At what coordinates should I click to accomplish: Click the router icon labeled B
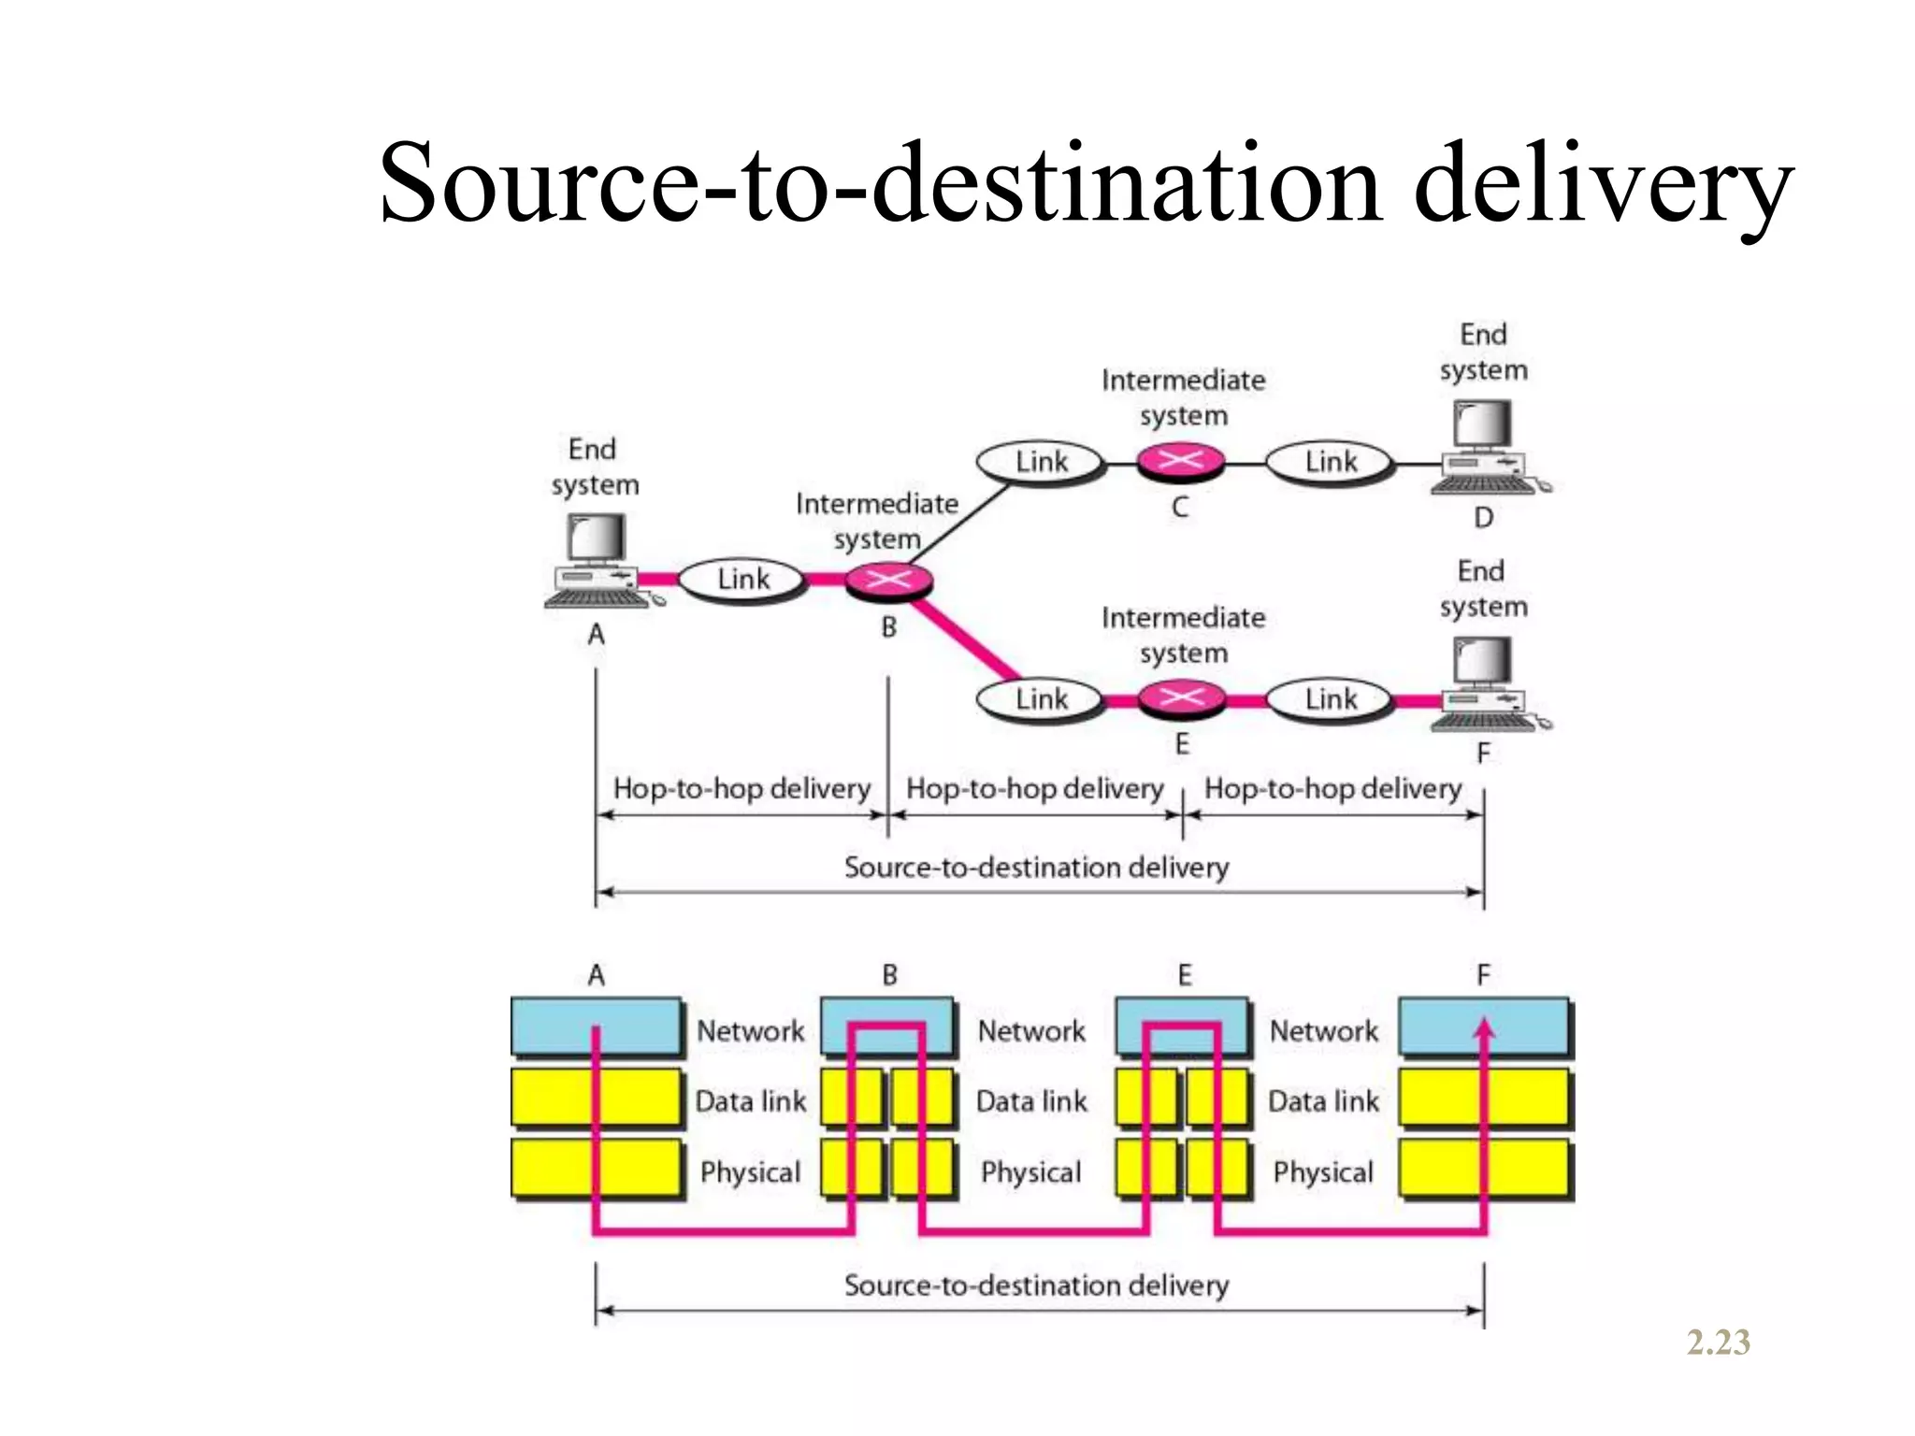pos(888,581)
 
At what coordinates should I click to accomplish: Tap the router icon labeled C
pos(1181,461)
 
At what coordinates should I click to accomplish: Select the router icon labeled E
pos(1181,698)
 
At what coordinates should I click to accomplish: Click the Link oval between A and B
pos(742,580)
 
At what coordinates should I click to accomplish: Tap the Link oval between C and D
pos(1330,462)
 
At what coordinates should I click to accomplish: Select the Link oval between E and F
pos(1330,699)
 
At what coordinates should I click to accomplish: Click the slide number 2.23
pos(1718,1343)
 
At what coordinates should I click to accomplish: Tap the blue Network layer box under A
pos(596,1027)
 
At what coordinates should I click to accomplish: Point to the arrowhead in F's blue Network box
pos(1484,1028)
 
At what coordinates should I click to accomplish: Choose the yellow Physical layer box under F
pos(1484,1169)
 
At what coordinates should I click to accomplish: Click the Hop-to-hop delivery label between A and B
pos(742,788)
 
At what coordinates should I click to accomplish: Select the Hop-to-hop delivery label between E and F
pos(1332,788)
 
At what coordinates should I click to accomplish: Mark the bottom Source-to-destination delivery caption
pos(1036,1285)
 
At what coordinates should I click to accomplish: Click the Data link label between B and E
pos(1031,1101)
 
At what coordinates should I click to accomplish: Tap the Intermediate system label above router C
pos(1183,397)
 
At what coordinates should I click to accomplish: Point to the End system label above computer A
pos(594,467)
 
